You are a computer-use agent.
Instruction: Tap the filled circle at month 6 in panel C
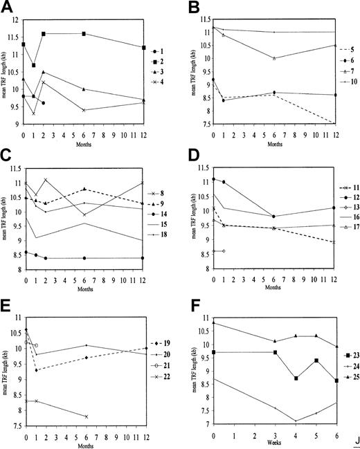tap(84, 258)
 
